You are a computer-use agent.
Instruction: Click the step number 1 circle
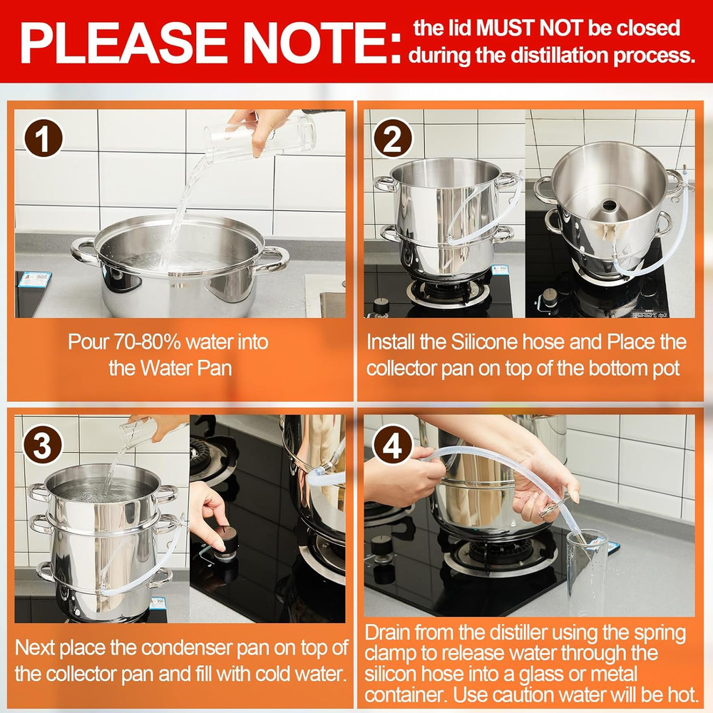[x=43, y=138]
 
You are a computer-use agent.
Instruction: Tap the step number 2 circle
[x=392, y=138]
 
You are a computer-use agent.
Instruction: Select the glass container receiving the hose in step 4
[x=587, y=573]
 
